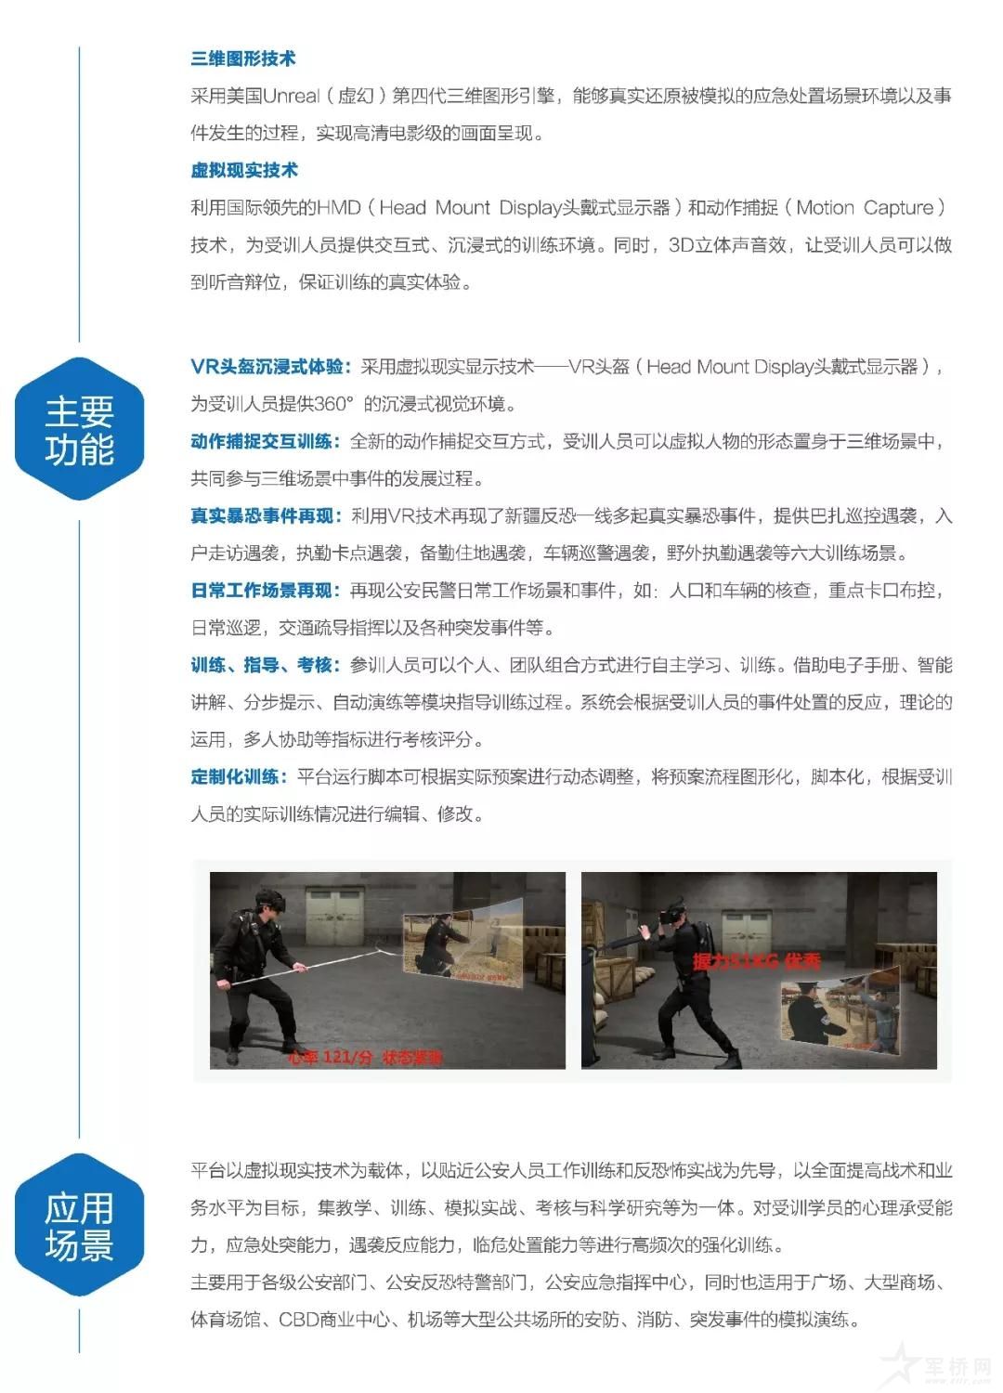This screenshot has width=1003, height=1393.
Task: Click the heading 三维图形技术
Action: pos(243,59)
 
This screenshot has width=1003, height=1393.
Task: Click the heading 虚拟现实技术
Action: pos(244,170)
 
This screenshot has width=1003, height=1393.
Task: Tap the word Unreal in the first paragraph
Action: pos(292,96)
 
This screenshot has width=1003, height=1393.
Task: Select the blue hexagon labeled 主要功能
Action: pos(80,429)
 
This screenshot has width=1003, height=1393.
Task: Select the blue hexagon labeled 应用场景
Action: pos(80,1226)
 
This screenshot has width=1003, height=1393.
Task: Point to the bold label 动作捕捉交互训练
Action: pos(265,441)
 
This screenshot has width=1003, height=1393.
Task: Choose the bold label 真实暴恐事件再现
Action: pos(266,515)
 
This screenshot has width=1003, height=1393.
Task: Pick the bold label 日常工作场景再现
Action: pos(265,591)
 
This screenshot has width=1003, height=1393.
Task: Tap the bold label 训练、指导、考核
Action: pos(265,665)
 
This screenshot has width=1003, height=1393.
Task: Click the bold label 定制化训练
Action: pos(239,776)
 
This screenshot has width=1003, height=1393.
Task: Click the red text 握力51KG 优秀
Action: pos(756,961)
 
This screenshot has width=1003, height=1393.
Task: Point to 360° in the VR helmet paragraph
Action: pos(334,404)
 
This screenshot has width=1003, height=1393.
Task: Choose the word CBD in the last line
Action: pos(299,1320)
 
